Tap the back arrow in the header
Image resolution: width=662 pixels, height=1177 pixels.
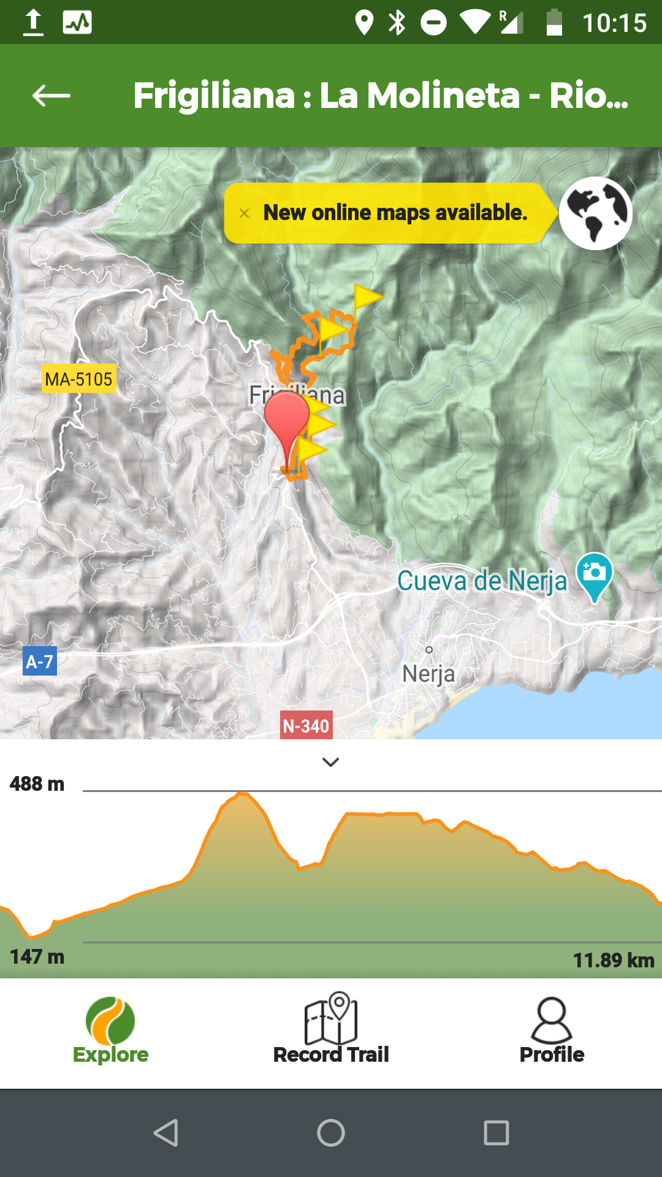[51, 96]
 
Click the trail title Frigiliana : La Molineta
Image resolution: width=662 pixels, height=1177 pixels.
[380, 96]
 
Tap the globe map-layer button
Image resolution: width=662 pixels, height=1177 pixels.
[595, 213]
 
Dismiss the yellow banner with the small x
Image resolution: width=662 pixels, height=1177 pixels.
[245, 213]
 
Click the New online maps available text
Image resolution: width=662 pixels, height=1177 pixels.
[395, 213]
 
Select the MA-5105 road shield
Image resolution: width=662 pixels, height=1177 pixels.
[78, 379]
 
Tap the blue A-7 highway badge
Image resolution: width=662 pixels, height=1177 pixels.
[40, 661]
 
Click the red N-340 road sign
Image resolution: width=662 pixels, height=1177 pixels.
[306, 726]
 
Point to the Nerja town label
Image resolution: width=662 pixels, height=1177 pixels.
[429, 674]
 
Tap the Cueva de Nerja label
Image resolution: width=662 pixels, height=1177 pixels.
[482, 581]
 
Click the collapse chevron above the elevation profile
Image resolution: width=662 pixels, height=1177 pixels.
[331, 762]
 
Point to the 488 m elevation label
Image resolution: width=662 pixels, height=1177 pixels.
[37, 784]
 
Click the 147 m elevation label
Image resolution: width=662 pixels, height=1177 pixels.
[37, 957]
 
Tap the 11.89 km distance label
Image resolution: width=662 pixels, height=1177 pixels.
[614, 960]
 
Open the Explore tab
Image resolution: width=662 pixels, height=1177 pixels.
[110, 1030]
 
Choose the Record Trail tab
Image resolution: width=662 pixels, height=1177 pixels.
[331, 1030]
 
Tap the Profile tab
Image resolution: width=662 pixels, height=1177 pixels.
[552, 1030]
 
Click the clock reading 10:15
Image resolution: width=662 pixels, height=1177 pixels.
[614, 23]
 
